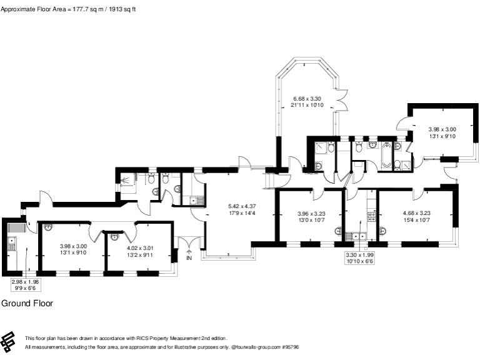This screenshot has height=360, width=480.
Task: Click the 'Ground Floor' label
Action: tap(27, 303)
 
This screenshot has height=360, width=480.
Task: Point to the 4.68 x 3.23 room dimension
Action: tap(416, 216)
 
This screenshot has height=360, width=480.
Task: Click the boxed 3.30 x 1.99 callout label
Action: tap(360, 257)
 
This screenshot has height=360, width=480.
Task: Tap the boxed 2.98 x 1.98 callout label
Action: tap(25, 285)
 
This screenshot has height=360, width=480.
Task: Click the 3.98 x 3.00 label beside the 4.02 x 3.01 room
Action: tap(73, 250)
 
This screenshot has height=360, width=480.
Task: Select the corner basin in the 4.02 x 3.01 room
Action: tap(114, 236)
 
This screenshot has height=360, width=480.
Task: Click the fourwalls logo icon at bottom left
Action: tap(9, 341)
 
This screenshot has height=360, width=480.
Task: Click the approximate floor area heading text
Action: tap(69, 9)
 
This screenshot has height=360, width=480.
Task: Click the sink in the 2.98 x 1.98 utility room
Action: tap(11, 244)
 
